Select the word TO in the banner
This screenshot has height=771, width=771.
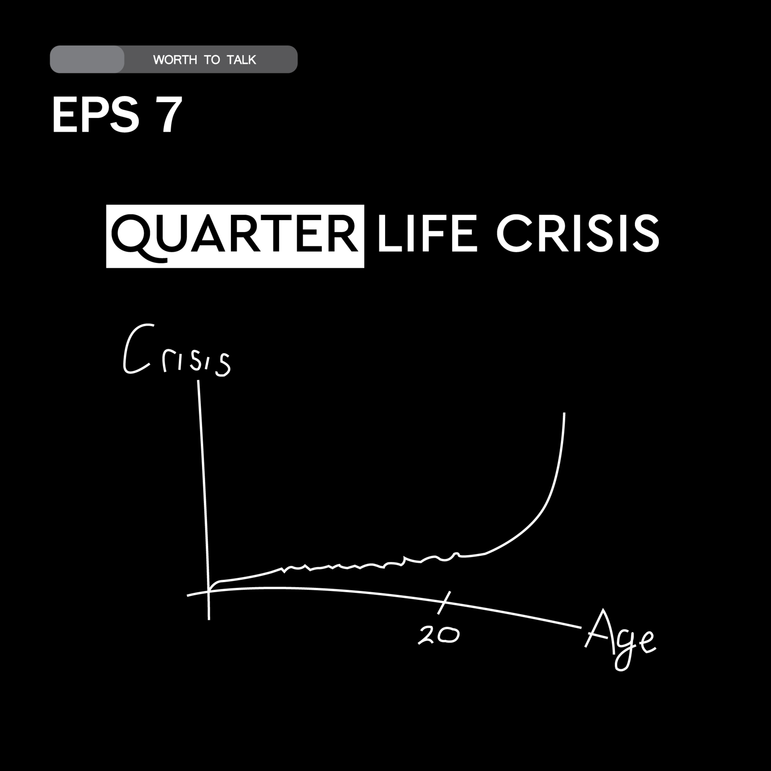pos(212,60)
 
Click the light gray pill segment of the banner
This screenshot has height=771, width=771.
pos(87,59)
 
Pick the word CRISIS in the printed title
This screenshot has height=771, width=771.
pos(577,233)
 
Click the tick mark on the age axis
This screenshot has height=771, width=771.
pos(444,603)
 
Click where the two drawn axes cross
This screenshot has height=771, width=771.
pos(208,591)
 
